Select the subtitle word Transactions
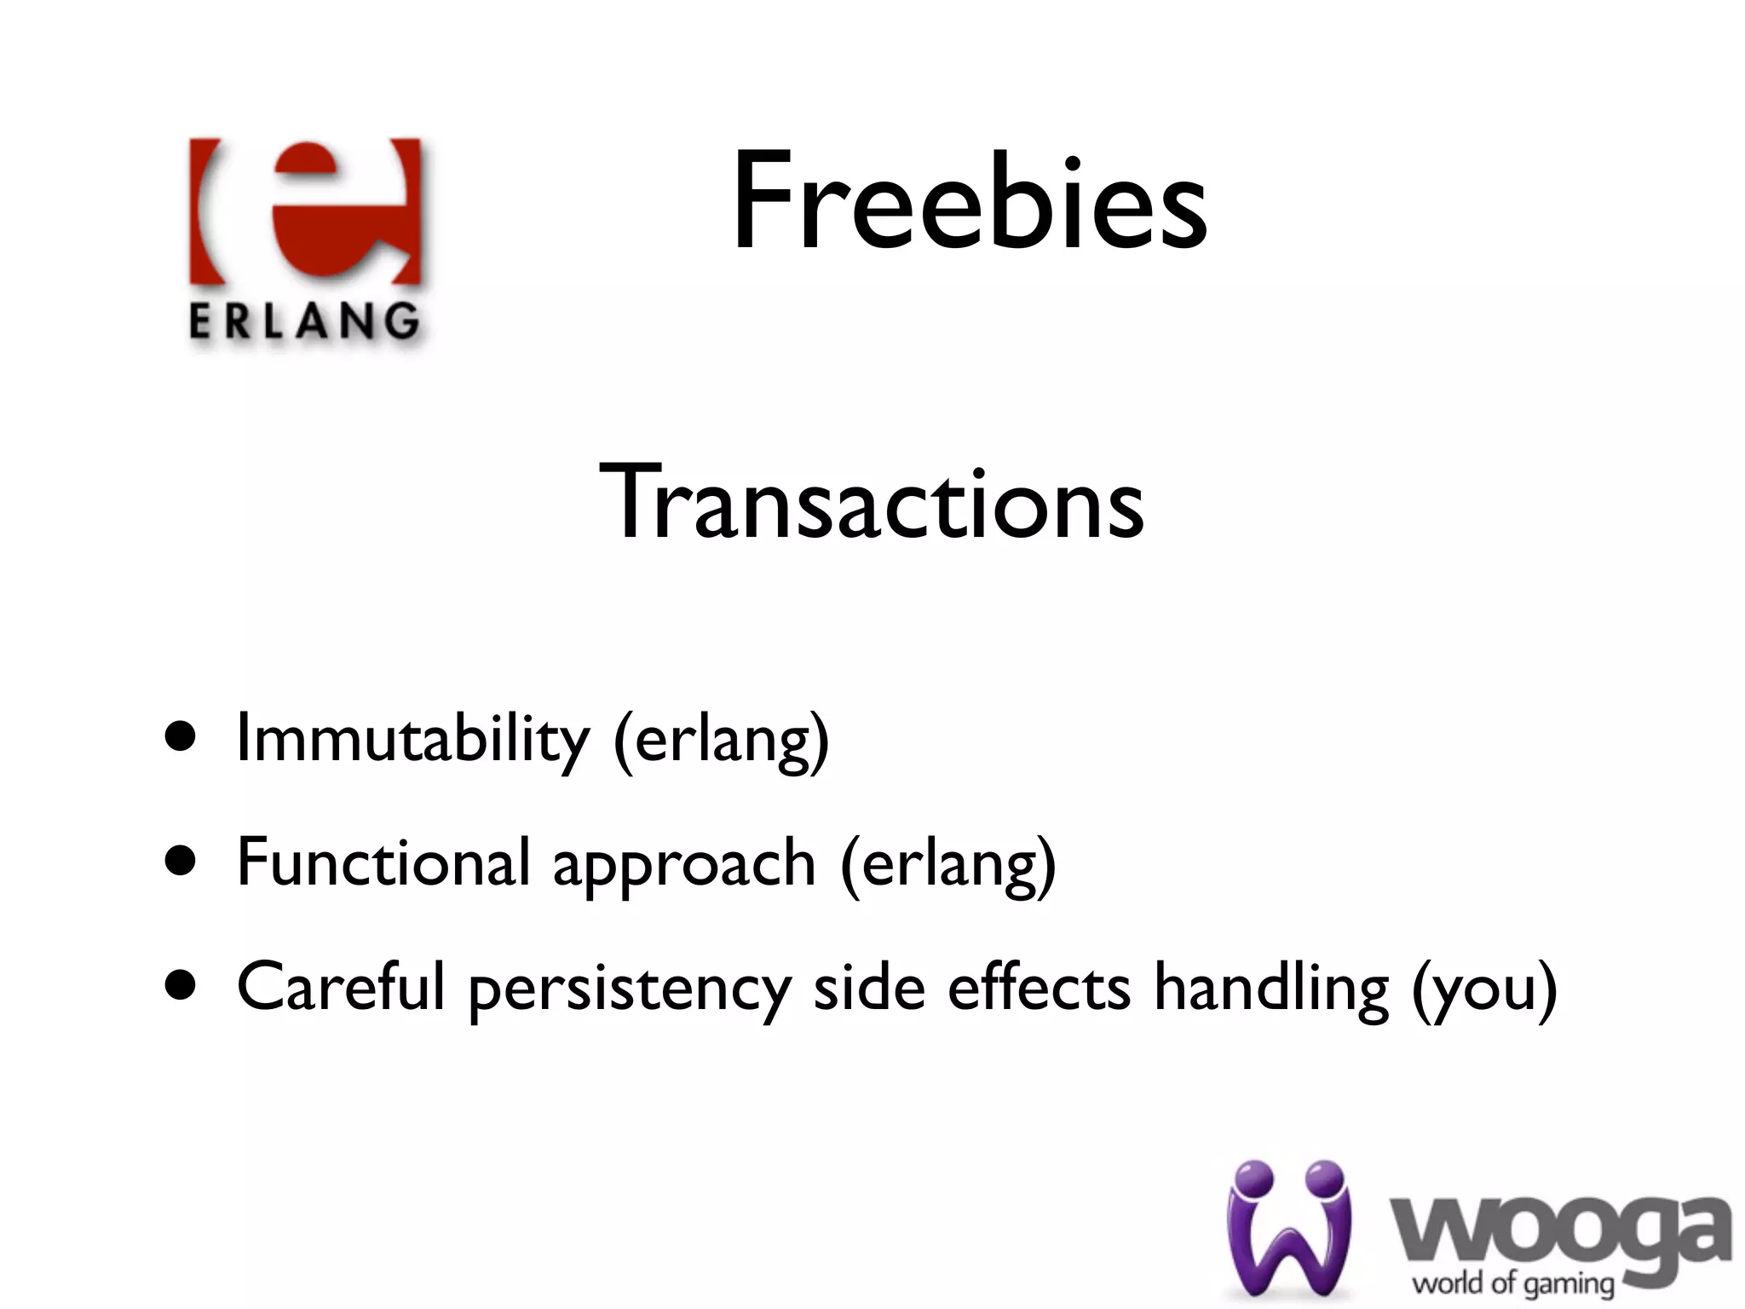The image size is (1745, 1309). coord(872,502)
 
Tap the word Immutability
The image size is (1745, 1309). coord(412,739)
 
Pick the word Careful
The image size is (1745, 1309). coord(341,987)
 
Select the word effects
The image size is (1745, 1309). coord(1040,987)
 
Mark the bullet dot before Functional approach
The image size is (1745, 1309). coord(181,862)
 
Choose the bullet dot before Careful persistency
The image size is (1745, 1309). coord(181,986)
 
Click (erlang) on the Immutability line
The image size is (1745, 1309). coord(721,741)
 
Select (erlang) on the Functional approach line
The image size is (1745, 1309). coord(948,865)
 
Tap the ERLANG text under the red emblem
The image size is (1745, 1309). coord(304,322)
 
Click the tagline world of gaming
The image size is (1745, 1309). coord(1513,1283)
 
